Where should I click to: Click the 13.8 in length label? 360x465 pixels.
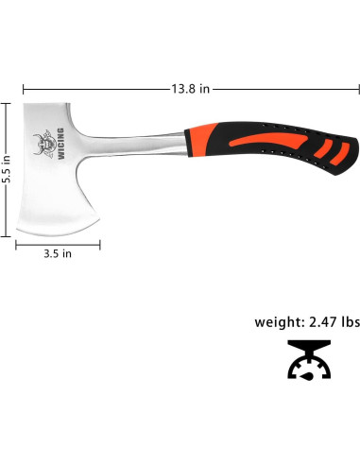(x=190, y=89)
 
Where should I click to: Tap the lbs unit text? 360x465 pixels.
(x=349, y=321)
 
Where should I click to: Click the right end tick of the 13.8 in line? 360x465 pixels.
(x=358, y=89)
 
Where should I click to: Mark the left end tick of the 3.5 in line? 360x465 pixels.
(x=16, y=245)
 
